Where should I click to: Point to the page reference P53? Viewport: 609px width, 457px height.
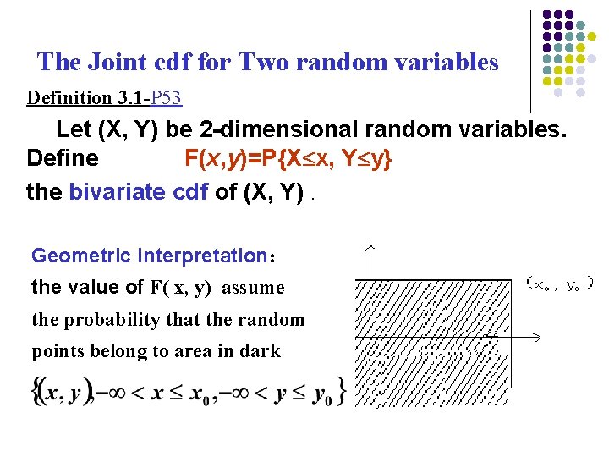[167, 98]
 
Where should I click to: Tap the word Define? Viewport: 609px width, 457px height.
[63, 159]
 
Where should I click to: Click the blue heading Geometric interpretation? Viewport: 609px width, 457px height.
[149, 256]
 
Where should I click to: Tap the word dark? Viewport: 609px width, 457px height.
[262, 350]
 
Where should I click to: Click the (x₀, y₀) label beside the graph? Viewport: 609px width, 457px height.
[559, 283]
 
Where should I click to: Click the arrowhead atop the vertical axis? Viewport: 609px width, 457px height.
[369, 248]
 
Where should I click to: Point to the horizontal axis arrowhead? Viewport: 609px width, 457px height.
[536, 338]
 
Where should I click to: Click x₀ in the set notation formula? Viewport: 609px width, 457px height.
[199, 392]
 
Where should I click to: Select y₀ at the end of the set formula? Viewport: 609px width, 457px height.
[321, 392]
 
